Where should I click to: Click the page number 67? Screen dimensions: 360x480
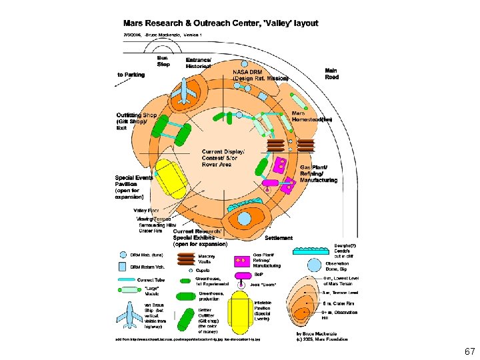tap(469, 350)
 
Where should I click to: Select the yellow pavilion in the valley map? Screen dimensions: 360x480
tap(171, 182)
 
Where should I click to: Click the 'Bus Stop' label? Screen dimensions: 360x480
tap(163, 61)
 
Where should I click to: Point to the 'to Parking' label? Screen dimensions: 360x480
tap(131, 75)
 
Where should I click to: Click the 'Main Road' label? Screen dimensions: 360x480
tap(331, 73)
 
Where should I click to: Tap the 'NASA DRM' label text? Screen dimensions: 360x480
tap(248, 71)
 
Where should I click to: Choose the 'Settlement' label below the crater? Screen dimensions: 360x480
tap(279, 238)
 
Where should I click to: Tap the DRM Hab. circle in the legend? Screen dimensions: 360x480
tap(123, 255)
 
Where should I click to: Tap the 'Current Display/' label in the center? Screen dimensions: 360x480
tap(223, 152)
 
